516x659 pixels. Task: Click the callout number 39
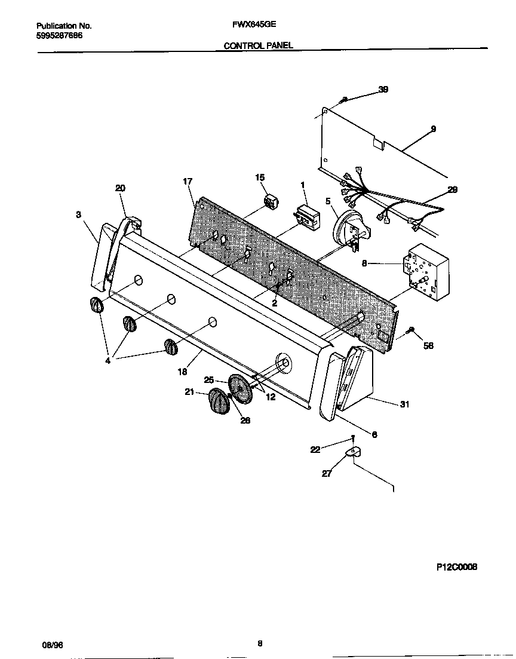click(x=383, y=90)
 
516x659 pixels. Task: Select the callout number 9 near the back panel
click(x=433, y=128)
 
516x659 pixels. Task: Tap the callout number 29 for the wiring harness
click(x=452, y=189)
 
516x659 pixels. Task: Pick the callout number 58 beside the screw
click(x=428, y=345)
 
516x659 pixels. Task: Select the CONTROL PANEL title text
click(x=258, y=45)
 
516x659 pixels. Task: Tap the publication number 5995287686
click(x=60, y=36)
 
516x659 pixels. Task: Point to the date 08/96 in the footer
click(x=52, y=644)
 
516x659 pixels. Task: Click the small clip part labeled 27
click(x=354, y=452)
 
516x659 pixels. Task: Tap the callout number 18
click(x=183, y=371)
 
